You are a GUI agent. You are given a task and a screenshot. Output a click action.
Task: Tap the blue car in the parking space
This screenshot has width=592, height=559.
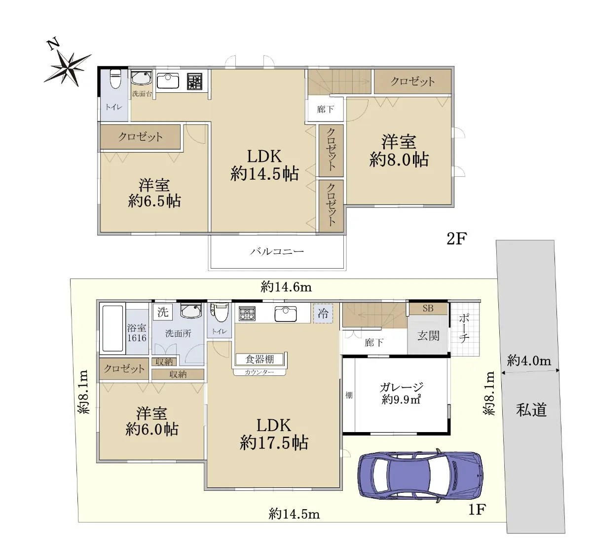pyautogui.click(x=420, y=476)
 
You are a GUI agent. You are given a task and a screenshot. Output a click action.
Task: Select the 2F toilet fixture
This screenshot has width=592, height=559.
pyautogui.click(x=115, y=79)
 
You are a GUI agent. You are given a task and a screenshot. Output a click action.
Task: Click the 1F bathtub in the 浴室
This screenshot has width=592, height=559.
pyautogui.click(x=112, y=328)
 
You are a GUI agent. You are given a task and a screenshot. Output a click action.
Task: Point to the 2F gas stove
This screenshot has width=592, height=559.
pyautogui.click(x=195, y=81)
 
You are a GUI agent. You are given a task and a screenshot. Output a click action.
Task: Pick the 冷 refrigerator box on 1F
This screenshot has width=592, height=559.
pyautogui.click(x=323, y=314)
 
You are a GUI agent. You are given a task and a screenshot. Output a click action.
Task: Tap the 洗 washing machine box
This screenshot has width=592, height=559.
pyautogui.click(x=163, y=312)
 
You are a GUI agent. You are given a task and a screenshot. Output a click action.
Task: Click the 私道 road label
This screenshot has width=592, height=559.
pyautogui.click(x=531, y=409)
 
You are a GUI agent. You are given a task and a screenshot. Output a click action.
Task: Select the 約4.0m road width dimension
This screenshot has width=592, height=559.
pyautogui.click(x=529, y=361)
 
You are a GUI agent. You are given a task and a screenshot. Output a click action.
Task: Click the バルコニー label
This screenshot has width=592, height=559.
pyautogui.click(x=277, y=251)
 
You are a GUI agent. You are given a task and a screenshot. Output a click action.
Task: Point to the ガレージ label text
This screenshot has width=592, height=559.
pyautogui.click(x=401, y=387)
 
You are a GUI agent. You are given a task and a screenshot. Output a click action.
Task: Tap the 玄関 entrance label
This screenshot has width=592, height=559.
pyautogui.click(x=428, y=336)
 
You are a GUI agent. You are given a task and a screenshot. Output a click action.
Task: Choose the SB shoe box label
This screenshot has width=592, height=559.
pyautogui.click(x=428, y=308)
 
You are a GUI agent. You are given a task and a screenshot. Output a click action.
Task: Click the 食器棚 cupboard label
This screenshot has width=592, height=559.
pyautogui.click(x=259, y=359)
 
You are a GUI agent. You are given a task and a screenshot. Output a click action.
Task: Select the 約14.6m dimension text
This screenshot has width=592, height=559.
pyautogui.click(x=286, y=287)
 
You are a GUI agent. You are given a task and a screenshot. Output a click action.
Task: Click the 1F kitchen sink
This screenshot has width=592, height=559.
pyautogui.click(x=285, y=314)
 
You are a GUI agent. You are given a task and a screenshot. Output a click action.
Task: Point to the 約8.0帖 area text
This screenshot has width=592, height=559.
pyautogui.click(x=399, y=160)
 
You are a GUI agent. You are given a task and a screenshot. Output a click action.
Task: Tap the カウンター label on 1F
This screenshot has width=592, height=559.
pyautogui.click(x=259, y=372)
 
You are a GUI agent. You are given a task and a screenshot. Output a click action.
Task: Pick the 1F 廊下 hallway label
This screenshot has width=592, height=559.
pyautogui.click(x=374, y=343)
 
